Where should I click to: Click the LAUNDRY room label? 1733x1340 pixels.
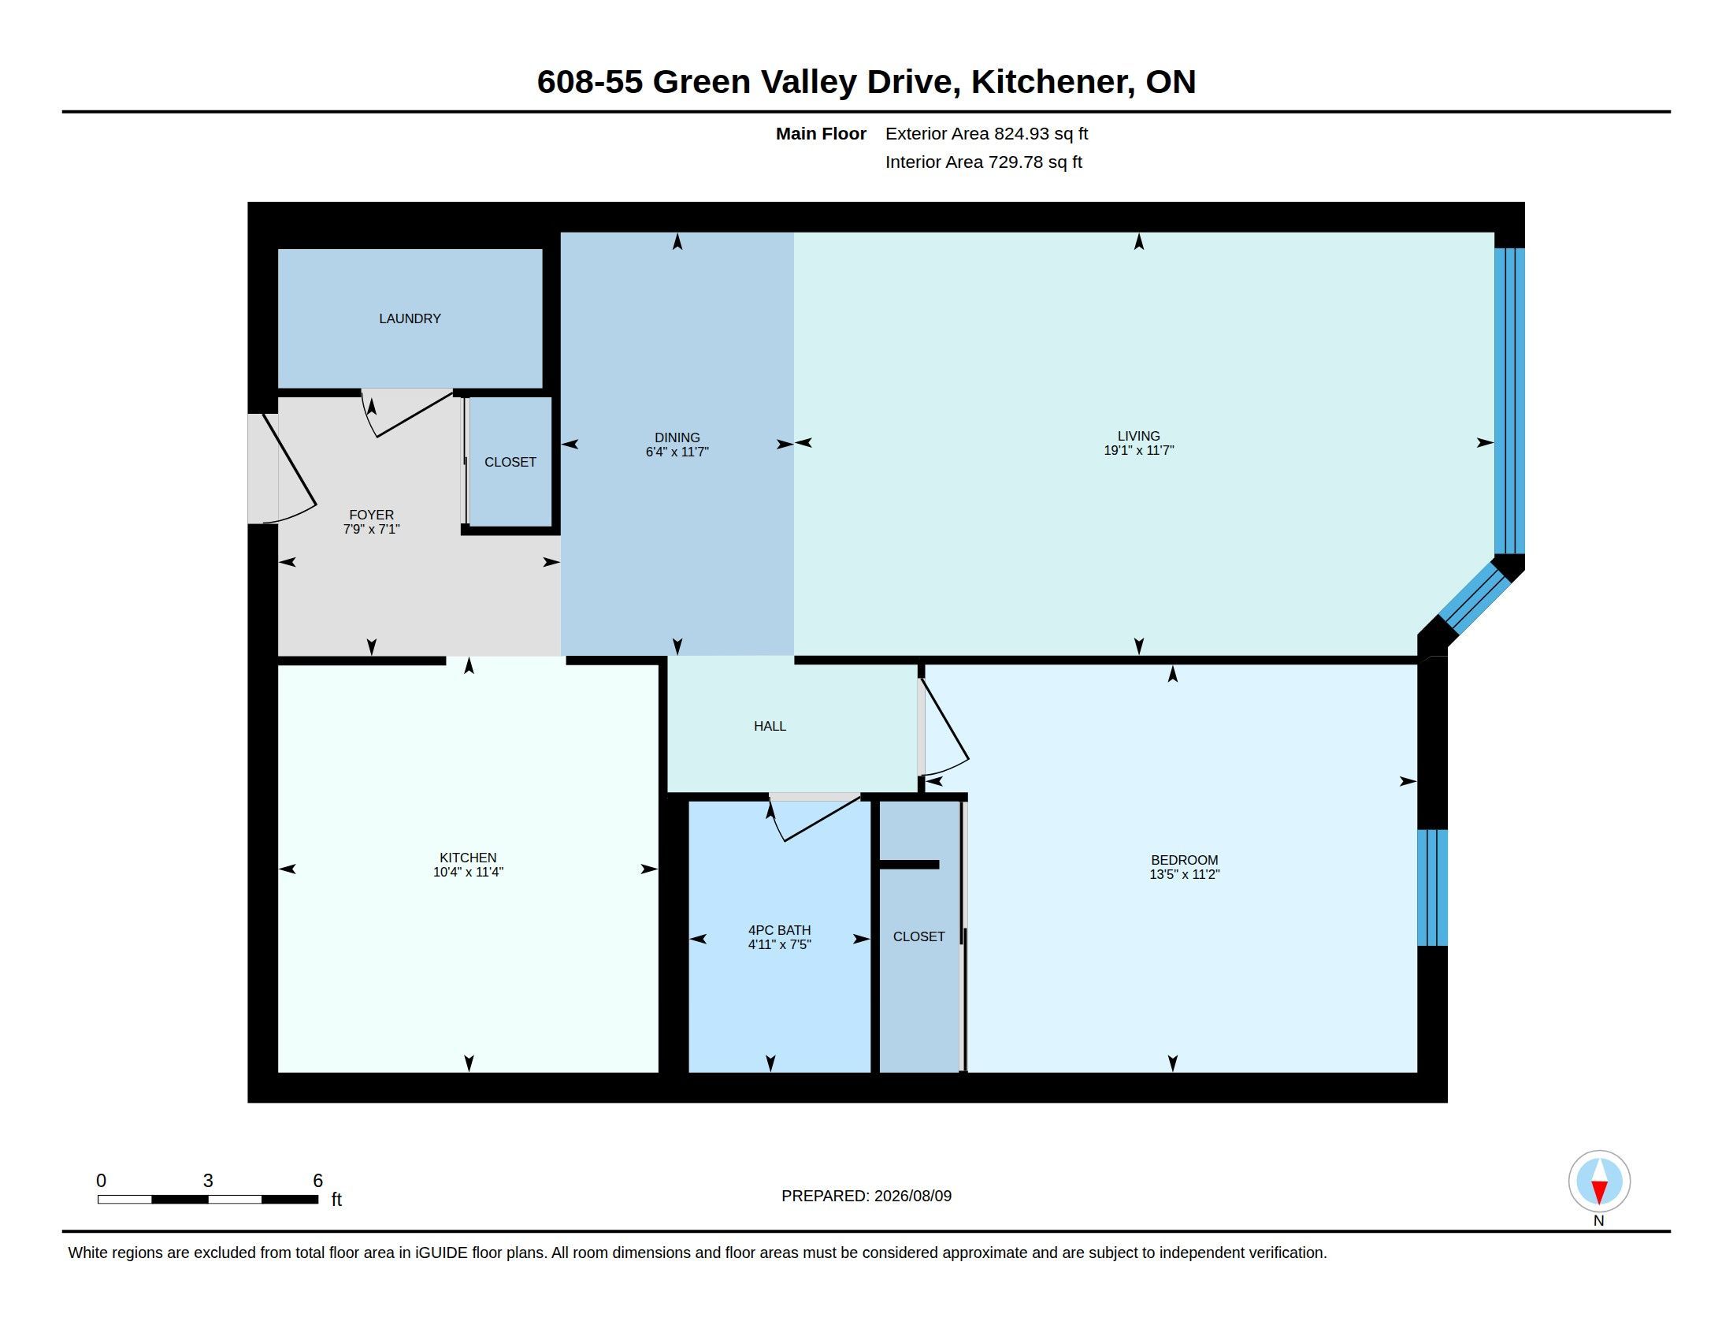pyautogui.click(x=410, y=318)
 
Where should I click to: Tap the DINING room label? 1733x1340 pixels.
pyautogui.click(x=677, y=437)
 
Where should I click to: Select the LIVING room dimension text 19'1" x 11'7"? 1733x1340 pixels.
pyautogui.click(x=1139, y=450)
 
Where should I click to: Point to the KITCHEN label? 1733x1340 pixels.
pyautogui.click(x=468, y=858)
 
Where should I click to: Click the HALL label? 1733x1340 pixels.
pyautogui.click(x=770, y=725)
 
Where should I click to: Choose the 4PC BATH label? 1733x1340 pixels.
pyautogui.click(x=779, y=930)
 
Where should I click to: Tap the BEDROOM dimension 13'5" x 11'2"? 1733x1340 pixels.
pyautogui.click(x=1184, y=874)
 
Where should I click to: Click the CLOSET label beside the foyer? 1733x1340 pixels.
pyautogui.click(x=510, y=462)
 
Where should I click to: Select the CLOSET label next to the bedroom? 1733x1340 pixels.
pyautogui.click(x=918, y=936)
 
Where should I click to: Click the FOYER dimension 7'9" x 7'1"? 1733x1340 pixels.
pyautogui.click(x=371, y=529)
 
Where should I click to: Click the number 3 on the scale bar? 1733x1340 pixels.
pyautogui.click(x=208, y=1181)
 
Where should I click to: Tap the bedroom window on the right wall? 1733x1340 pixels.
pyautogui.click(x=1432, y=888)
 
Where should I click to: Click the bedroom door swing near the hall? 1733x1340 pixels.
pyautogui.click(x=944, y=727)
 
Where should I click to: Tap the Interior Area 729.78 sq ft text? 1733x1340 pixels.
pyautogui.click(x=983, y=162)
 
